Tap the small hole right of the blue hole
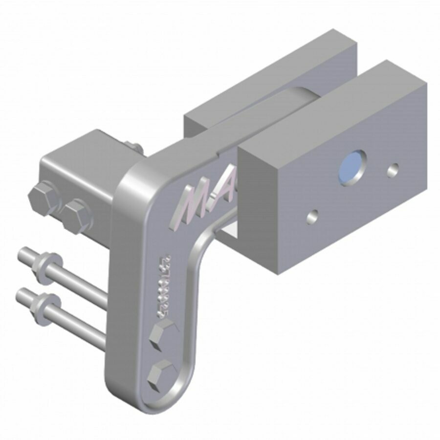[x=392, y=170]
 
